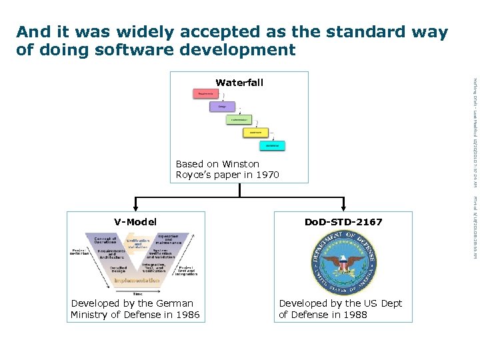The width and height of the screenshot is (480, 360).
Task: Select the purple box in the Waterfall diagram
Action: point(222,107)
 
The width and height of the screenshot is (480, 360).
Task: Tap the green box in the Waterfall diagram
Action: point(239,120)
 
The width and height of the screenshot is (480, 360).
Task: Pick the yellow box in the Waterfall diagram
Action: point(255,133)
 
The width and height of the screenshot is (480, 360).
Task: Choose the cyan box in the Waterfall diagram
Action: point(272,145)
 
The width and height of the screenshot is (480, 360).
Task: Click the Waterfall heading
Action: point(239,83)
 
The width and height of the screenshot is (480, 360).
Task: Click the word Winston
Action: point(241,164)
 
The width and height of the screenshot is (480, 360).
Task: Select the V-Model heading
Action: point(135,222)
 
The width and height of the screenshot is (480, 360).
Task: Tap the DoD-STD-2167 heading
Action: point(343,222)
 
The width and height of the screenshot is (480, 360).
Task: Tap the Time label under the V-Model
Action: point(137,293)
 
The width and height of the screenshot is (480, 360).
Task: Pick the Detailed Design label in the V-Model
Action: point(118,269)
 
